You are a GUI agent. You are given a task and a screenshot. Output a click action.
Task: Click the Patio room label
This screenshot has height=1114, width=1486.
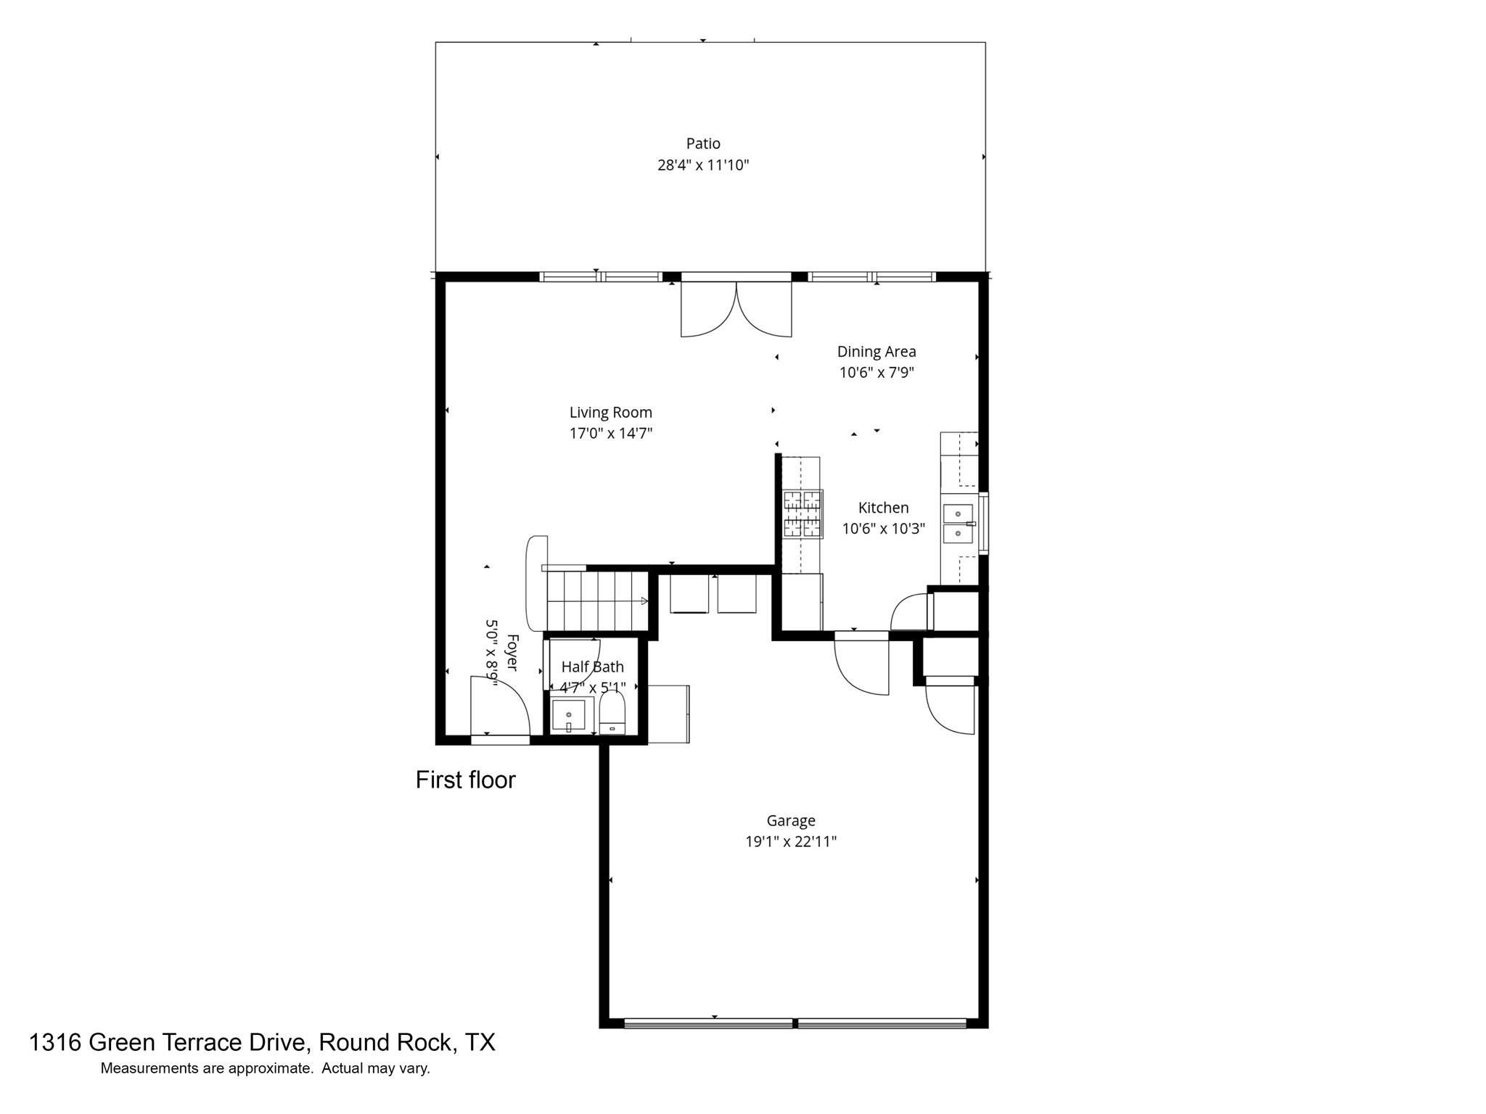[x=702, y=144]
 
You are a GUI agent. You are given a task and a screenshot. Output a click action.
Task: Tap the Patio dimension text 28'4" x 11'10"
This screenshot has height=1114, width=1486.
[x=702, y=165]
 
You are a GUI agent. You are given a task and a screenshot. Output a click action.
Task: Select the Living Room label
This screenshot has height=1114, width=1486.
[x=610, y=413]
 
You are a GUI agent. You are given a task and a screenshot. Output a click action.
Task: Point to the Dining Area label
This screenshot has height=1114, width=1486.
[x=876, y=352]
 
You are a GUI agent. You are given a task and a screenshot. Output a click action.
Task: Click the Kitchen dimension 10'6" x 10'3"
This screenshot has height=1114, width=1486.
[x=883, y=529]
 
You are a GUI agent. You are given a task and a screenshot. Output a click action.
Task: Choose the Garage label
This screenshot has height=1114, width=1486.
[x=790, y=820]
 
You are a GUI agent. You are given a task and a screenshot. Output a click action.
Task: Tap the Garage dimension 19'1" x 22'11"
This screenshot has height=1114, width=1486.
[x=790, y=841]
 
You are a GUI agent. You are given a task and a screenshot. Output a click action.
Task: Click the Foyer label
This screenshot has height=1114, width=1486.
[x=512, y=653]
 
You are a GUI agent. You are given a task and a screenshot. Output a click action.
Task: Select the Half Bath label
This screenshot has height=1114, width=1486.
[x=592, y=667]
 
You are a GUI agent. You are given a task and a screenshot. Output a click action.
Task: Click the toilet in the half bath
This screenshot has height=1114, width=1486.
[x=612, y=714]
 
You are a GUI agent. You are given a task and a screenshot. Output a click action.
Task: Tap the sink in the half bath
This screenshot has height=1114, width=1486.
[x=568, y=715]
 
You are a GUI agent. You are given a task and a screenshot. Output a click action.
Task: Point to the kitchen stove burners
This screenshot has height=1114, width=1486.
[x=802, y=514]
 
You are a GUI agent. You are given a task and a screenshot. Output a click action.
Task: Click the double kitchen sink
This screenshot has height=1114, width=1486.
[x=958, y=524]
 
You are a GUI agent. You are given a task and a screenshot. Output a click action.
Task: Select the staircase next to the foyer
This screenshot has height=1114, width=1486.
[x=597, y=601]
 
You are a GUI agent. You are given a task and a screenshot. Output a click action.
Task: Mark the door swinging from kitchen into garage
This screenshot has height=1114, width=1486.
[x=862, y=664]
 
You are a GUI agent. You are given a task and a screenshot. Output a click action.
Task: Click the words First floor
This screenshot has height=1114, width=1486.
[x=465, y=780]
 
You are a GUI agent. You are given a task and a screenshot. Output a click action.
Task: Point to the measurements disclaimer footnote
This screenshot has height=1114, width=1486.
[x=265, y=1068]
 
